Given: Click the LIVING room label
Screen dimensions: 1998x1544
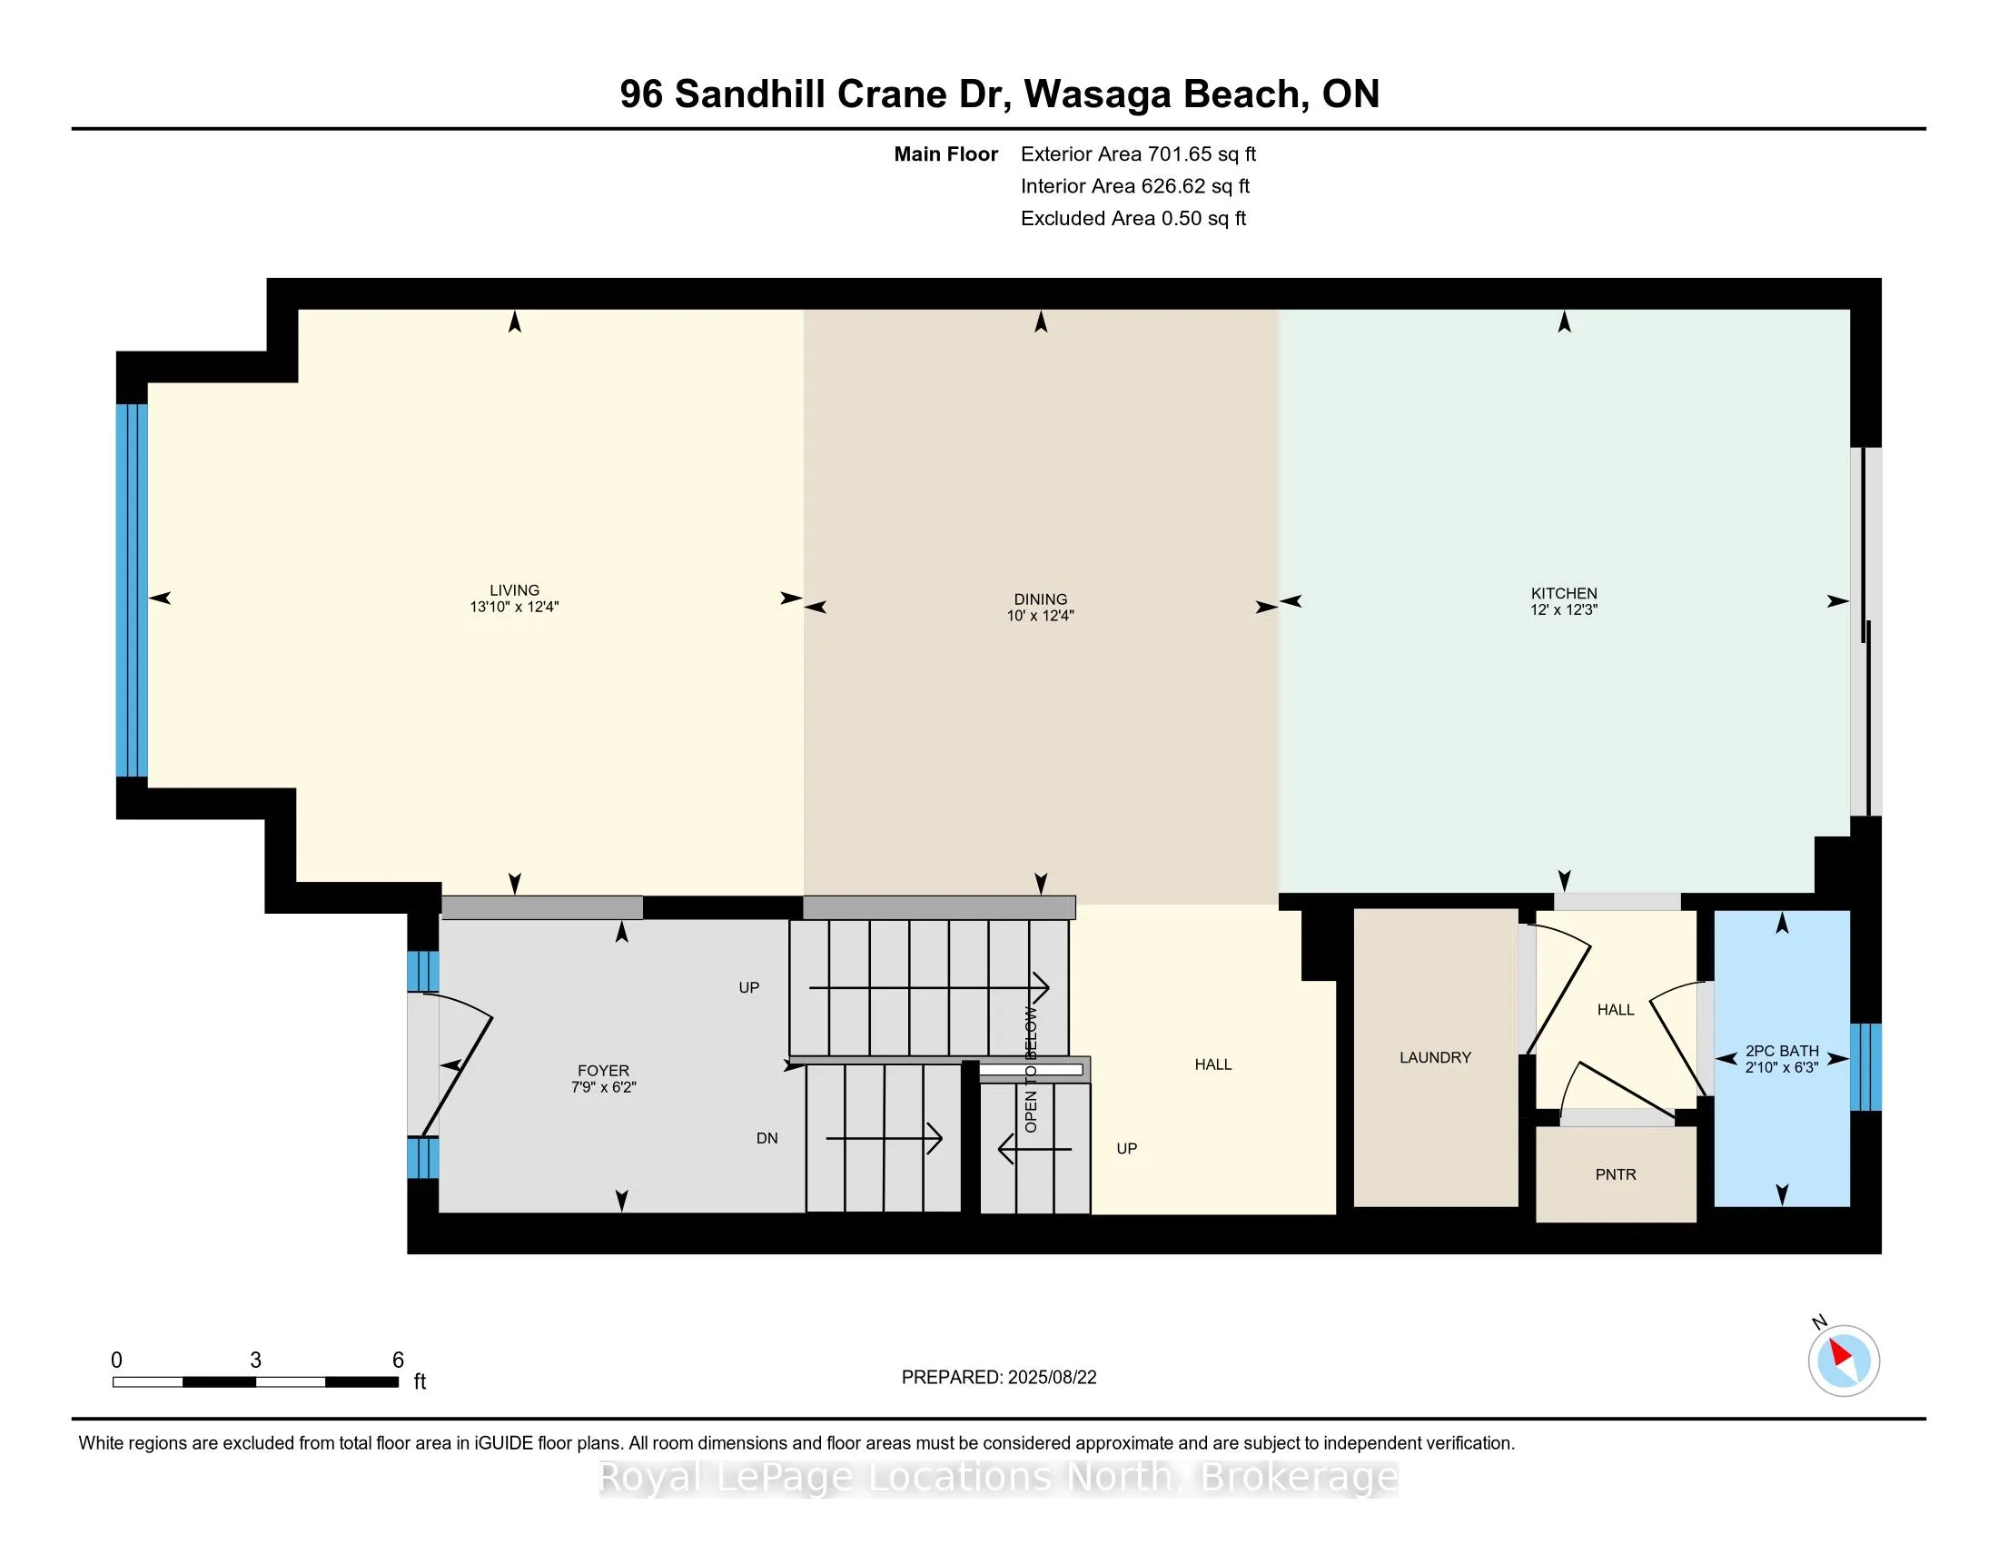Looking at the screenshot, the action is coord(514,590).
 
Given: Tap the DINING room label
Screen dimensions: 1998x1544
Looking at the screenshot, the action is coord(1040,599).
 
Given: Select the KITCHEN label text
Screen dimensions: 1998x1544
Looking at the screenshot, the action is coord(1564,593).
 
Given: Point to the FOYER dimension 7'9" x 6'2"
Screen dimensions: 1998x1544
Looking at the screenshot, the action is coord(603,1086).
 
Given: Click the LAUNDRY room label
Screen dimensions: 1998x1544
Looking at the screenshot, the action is coord(1435,1057).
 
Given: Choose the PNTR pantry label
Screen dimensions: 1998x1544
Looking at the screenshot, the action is coord(1616,1174).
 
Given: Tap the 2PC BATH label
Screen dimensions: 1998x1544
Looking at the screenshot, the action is coord(1782,1051).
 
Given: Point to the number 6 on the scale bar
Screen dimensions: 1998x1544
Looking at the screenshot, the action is coord(398,1361).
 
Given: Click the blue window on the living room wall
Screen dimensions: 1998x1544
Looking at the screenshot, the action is coord(132,591).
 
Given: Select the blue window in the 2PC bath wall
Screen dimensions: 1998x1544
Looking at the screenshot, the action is coord(1865,1066).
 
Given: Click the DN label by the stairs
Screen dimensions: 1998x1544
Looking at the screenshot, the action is coord(767,1138).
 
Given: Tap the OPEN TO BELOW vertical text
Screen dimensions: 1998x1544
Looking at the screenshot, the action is coord(1031,1069).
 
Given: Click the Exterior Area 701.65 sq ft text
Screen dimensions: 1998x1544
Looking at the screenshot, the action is coord(1138,153).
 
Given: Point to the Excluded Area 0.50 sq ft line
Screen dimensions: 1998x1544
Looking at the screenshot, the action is coord(1133,218).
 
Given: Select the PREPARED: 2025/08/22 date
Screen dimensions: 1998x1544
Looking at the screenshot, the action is coord(999,1378).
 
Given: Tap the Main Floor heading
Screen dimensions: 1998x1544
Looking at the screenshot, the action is coord(946,153).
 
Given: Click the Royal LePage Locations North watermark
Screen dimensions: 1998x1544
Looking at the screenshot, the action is coord(999,1477).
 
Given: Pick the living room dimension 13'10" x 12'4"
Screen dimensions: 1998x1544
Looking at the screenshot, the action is coord(514,607).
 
